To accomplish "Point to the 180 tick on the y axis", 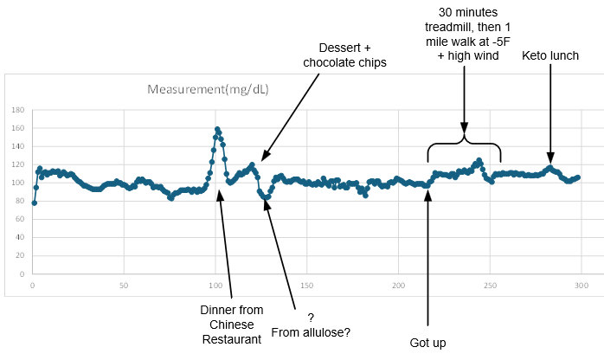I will tap(18, 111).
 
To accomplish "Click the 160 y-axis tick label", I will tap(18, 129).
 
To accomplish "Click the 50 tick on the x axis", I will tap(124, 284).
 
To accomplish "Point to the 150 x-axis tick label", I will tap(306, 284).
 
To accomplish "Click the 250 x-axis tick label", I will tap(489, 284).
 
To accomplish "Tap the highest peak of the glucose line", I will tap(217, 130).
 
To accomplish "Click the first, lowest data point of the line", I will tap(34, 203).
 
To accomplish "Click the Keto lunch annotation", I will tap(549, 56).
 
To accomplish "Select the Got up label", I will tap(427, 343).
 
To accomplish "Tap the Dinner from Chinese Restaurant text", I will tap(231, 325).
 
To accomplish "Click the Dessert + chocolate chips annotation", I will tap(344, 55).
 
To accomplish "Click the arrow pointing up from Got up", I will tap(427, 260).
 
